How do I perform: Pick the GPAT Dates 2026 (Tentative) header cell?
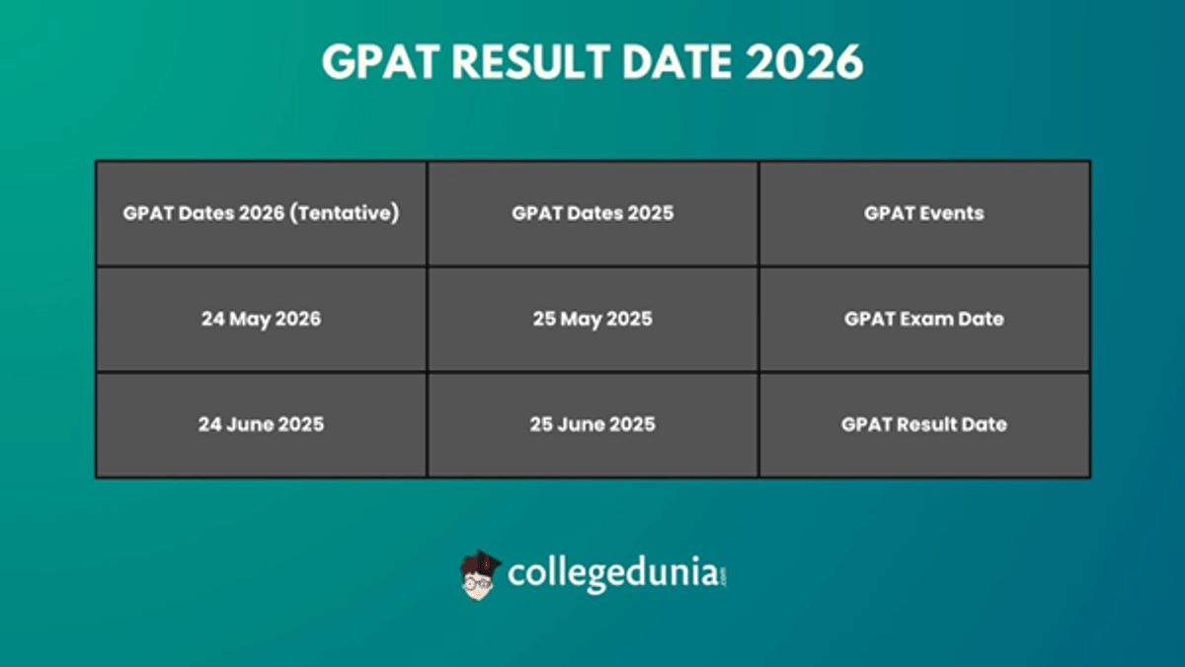tap(261, 213)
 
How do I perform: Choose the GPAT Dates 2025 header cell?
tap(592, 213)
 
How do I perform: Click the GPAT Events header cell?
tap(924, 213)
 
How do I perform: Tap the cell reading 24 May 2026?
tap(261, 319)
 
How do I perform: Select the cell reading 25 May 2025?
tap(592, 319)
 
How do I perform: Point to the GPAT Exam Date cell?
tap(924, 319)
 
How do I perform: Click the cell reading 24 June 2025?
tap(261, 424)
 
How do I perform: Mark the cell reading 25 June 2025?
tap(592, 424)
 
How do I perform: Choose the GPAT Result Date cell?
tap(924, 424)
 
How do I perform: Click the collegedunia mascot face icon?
tap(480, 573)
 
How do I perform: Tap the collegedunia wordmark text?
tap(612, 573)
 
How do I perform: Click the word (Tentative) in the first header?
tap(346, 213)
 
